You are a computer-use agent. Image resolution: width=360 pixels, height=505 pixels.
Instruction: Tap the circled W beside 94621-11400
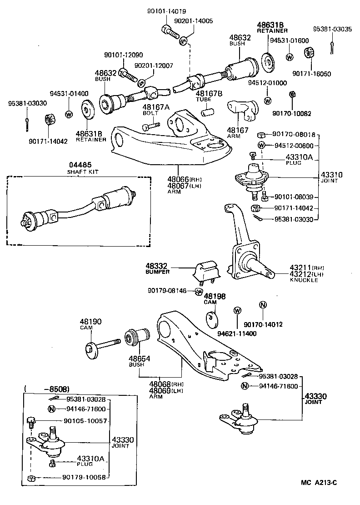point(237,311)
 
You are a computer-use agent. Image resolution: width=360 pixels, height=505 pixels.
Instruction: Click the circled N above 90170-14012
point(263,305)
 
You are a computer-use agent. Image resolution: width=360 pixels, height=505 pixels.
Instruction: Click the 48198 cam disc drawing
point(211,318)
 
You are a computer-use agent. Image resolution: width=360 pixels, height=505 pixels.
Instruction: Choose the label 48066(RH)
point(177,179)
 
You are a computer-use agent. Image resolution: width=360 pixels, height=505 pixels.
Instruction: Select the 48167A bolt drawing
point(153,124)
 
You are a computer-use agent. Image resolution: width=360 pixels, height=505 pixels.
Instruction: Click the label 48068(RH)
point(164,384)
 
